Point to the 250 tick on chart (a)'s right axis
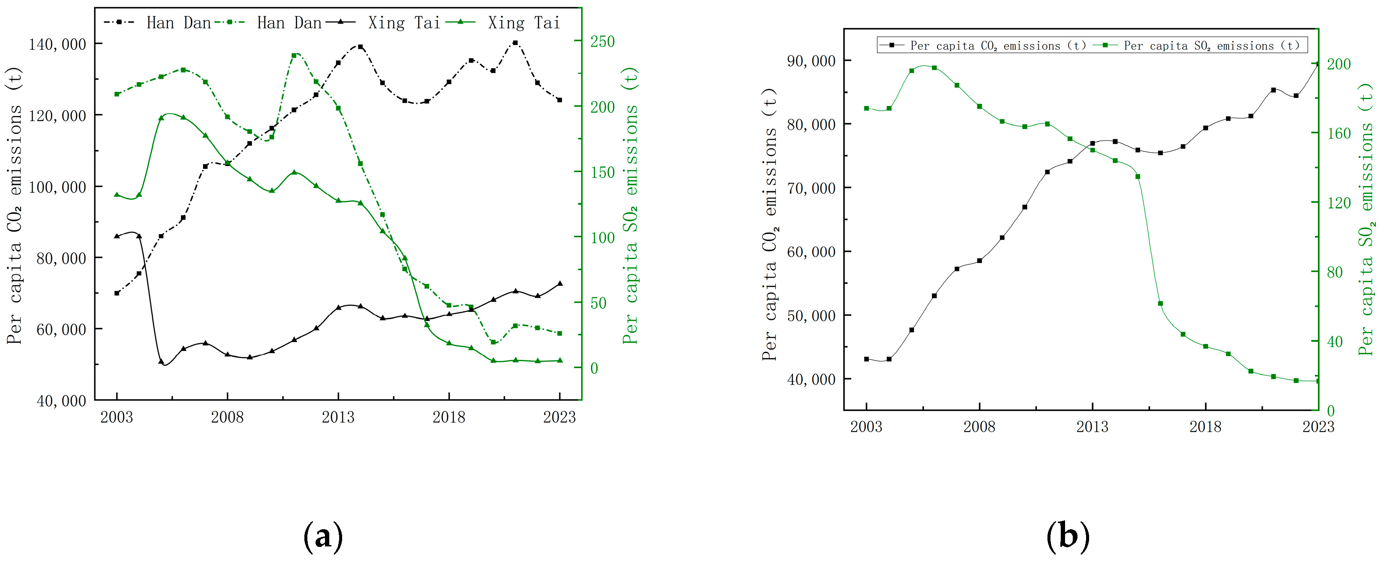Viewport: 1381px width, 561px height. pyautogui.click(x=603, y=41)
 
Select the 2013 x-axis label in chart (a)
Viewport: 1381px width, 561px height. pyautogui.click(x=338, y=417)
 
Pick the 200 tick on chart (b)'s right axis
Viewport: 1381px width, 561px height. pyautogui.click(x=1339, y=64)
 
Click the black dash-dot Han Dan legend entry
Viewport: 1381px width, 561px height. pyautogui.click(x=158, y=22)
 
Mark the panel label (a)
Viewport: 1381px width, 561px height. pyautogui.click(x=323, y=537)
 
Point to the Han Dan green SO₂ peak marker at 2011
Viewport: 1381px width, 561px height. pyautogui.click(x=294, y=55)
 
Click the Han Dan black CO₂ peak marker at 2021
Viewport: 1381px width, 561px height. pyautogui.click(x=515, y=43)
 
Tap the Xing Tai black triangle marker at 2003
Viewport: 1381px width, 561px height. pyautogui.click(x=117, y=236)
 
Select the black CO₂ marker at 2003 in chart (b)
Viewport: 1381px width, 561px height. pyautogui.click(x=866, y=359)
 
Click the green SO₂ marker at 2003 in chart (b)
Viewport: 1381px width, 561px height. pyautogui.click(x=866, y=108)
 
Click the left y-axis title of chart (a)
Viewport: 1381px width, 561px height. pyautogui.click(x=15, y=205)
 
